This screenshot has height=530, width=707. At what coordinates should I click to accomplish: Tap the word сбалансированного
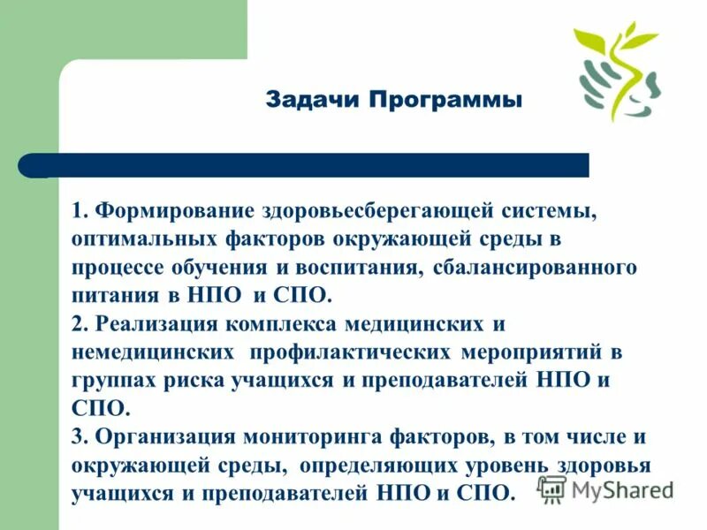535,266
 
